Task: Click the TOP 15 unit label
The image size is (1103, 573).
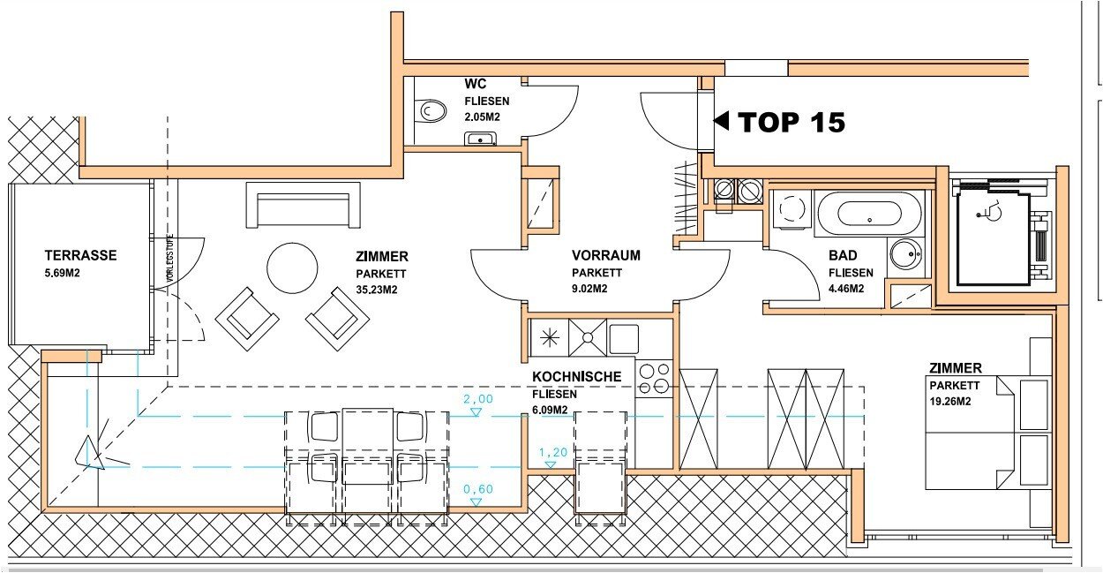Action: point(792,122)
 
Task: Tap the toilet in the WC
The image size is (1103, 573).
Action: point(430,111)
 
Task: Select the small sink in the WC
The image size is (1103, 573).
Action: point(480,139)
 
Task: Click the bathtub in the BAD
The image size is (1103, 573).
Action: point(869,215)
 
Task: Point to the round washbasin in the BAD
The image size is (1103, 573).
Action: point(906,254)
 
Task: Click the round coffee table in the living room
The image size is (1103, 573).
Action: point(292,268)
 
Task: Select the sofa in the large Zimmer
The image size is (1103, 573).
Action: point(303,205)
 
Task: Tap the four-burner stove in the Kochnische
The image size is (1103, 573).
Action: point(654,379)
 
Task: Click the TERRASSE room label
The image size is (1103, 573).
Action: point(81,255)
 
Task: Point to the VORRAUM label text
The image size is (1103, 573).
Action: point(605,255)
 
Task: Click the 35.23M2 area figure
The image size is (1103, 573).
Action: point(376,290)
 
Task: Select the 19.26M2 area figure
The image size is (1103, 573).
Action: point(949,401)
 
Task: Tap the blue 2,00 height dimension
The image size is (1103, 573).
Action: point(477,398)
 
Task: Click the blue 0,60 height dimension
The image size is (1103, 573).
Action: point(477,489)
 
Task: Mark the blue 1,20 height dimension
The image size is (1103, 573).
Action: point(553,452)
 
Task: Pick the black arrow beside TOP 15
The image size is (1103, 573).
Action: point(722,121)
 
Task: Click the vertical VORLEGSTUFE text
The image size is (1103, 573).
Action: point(170,258)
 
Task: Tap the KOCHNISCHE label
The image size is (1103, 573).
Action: point(576,377)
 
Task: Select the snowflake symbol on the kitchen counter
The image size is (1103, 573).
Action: point(549,337)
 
